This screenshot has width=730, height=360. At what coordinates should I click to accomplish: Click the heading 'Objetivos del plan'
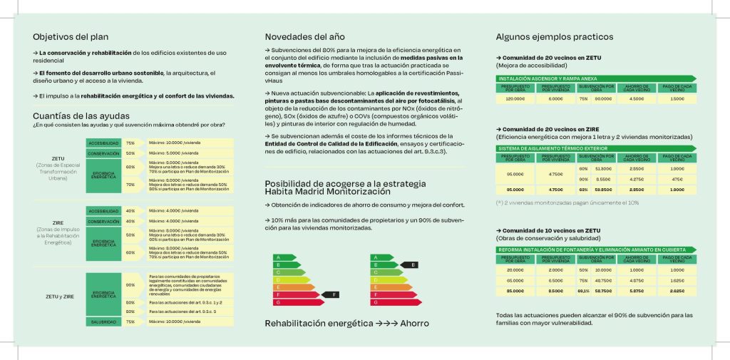point(71,36)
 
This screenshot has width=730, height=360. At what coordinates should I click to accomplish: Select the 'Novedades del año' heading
point(304,36)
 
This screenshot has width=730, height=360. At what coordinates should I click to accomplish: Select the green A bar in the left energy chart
point(284,257)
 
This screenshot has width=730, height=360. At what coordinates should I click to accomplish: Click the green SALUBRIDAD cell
point(103,322)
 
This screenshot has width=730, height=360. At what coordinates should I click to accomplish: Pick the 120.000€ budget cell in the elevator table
point(515,99)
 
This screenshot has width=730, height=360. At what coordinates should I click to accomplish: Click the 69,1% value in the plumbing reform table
point(583,291)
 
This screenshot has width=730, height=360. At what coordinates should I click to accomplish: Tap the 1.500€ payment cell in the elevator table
point(677,99)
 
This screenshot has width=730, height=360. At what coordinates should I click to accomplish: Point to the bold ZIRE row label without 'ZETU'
point(58,222)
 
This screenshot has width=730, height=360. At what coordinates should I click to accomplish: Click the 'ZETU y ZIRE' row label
point(60,296)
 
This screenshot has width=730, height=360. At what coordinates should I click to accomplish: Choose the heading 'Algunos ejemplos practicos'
point(554,36)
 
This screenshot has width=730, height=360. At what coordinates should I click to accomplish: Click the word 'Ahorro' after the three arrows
point(414,324)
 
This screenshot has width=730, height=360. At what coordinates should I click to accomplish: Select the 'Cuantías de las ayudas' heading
point(81,115)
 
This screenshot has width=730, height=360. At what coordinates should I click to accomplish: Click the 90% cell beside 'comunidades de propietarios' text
point(130,284)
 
